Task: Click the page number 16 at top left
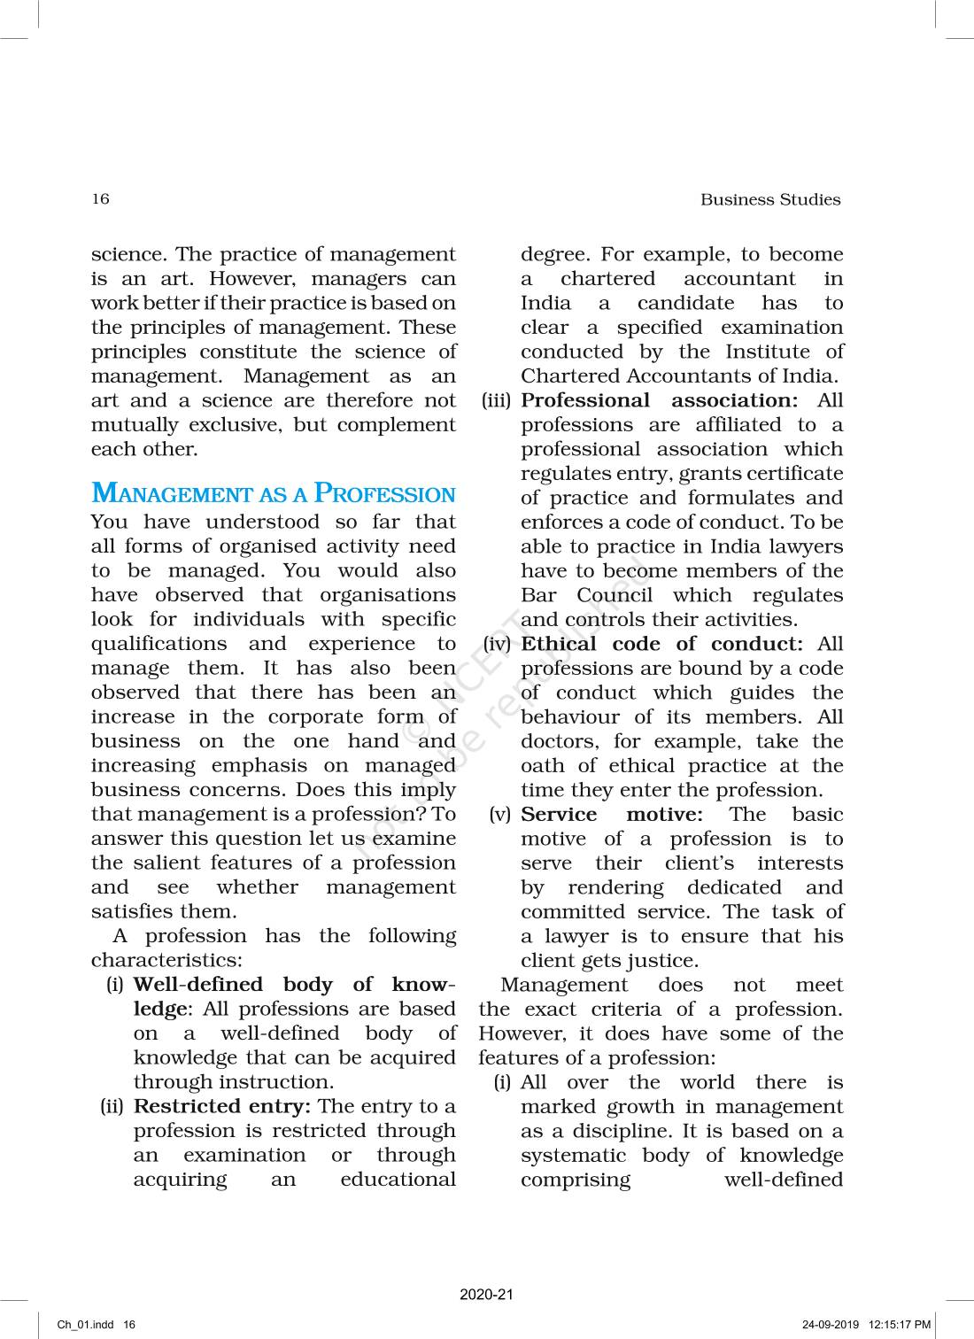point(100,198)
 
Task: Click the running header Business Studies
point(770,199)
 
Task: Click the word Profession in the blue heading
point(385,493)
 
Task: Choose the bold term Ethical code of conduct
point(661,644)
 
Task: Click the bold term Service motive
point(611,814)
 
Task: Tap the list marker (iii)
point(497,401)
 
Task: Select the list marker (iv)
point(498,645)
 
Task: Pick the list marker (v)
point(500,815)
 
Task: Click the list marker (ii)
point(112,1107)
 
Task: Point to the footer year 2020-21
point(486,1295)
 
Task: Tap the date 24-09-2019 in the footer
point(831,1325)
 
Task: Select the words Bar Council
point(586,595)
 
